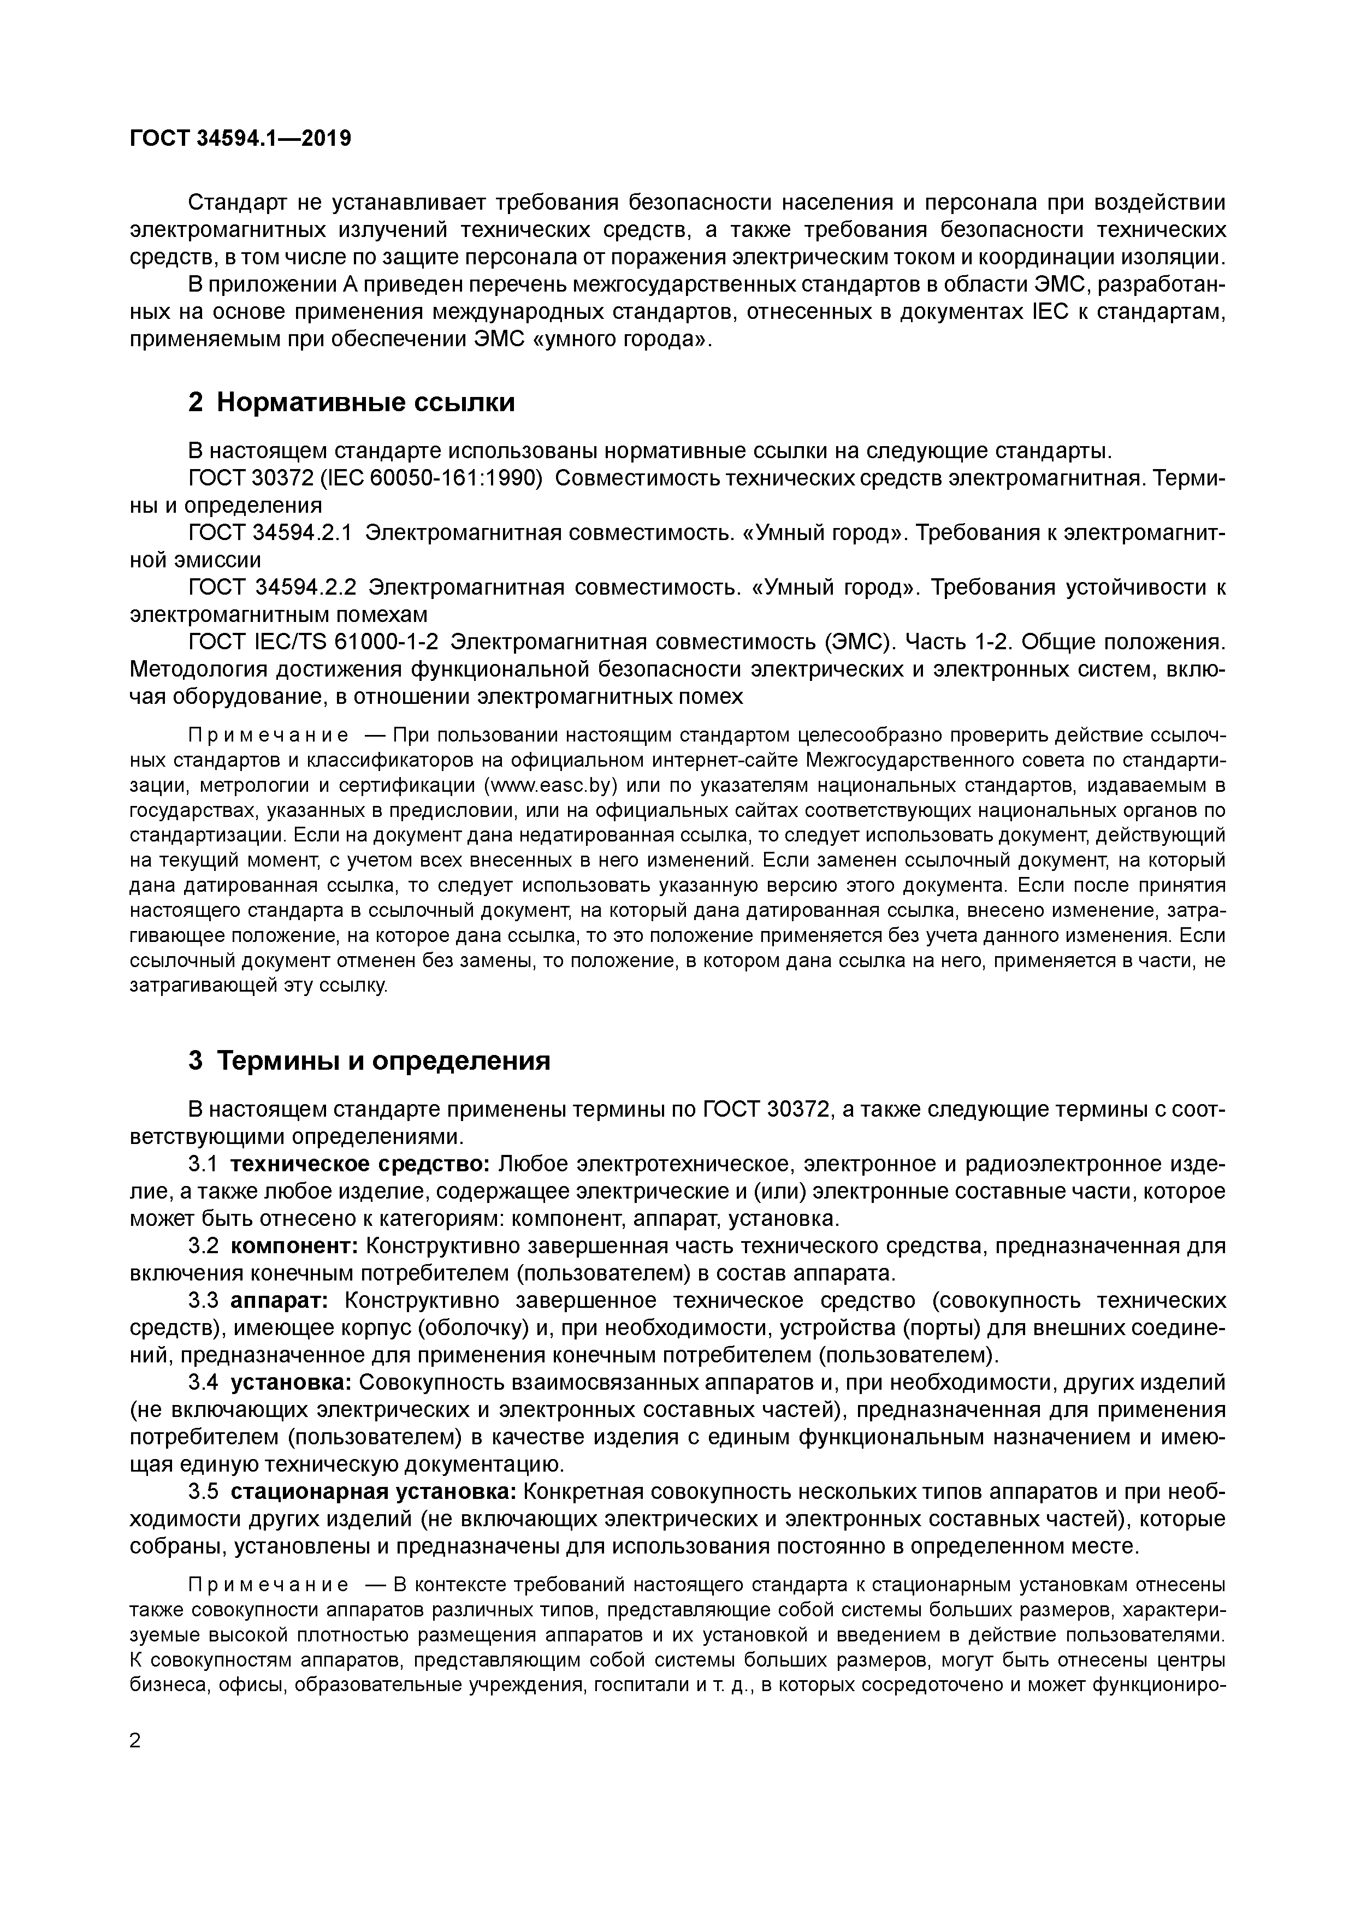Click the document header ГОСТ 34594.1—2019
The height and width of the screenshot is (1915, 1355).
pos(240,139)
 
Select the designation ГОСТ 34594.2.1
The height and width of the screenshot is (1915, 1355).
pos(272,532)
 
